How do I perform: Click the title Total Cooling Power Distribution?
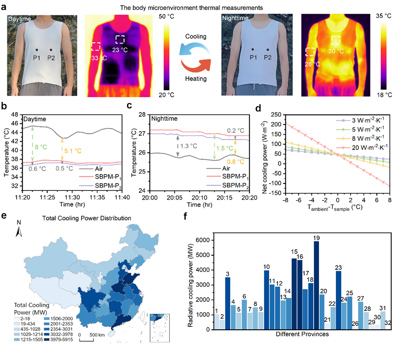[85, 218]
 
